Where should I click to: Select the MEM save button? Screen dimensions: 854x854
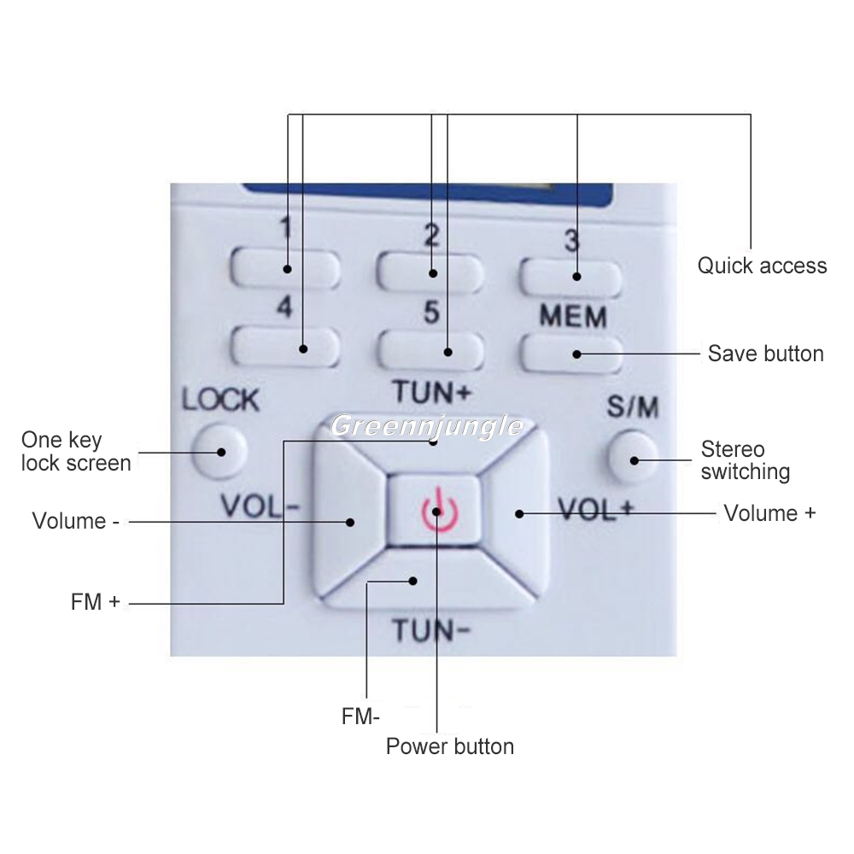tap(570, 354)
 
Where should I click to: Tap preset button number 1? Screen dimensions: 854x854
tap(285, 270)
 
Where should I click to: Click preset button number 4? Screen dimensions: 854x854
tap(285, 347)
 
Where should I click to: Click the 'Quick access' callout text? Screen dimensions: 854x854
tap(762, 266)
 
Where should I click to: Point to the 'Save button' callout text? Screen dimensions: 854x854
tap(765, 354)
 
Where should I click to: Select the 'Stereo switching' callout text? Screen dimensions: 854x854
tap(745, 460)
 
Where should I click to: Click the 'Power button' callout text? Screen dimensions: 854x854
tap(450, 746)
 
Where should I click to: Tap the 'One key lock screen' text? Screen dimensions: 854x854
tap(76, 452)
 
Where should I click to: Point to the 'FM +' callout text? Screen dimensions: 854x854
tap(96, 601)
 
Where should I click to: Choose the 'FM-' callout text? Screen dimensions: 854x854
tap(360, 717)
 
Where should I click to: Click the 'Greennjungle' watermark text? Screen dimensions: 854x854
tap(426, 425)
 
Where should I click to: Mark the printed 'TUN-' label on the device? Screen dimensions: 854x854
tap(431, 631)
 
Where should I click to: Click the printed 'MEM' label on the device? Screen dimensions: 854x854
tap(572, 317)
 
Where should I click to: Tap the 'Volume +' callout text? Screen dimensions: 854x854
tap(769, 513)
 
